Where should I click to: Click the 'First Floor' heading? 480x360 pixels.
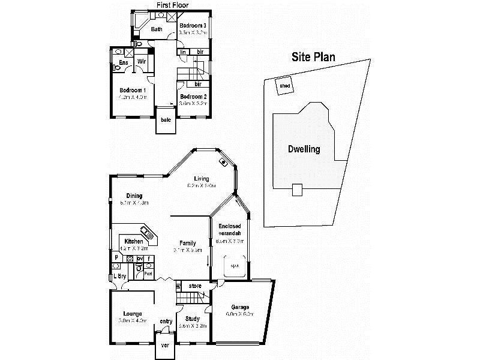(172, 5)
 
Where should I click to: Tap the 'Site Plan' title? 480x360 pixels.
(313, 57)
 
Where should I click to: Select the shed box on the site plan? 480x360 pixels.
(284, 86)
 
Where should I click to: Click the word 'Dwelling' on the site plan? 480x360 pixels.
(304, 149)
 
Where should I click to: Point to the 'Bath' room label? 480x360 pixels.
(157, 29)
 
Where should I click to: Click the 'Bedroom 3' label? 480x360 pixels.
(193, 26)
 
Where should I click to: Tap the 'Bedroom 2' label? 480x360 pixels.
(193, 97)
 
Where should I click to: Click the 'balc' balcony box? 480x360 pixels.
(165, 119)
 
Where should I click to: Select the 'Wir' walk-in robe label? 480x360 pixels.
(142, 62)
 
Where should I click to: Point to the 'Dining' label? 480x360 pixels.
(134, 195)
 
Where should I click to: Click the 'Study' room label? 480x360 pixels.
(193, 319)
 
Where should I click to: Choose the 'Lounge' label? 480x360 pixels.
(132, 313)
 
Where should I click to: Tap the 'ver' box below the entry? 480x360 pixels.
(165, 346)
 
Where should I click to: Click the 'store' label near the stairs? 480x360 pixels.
(195, 286)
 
